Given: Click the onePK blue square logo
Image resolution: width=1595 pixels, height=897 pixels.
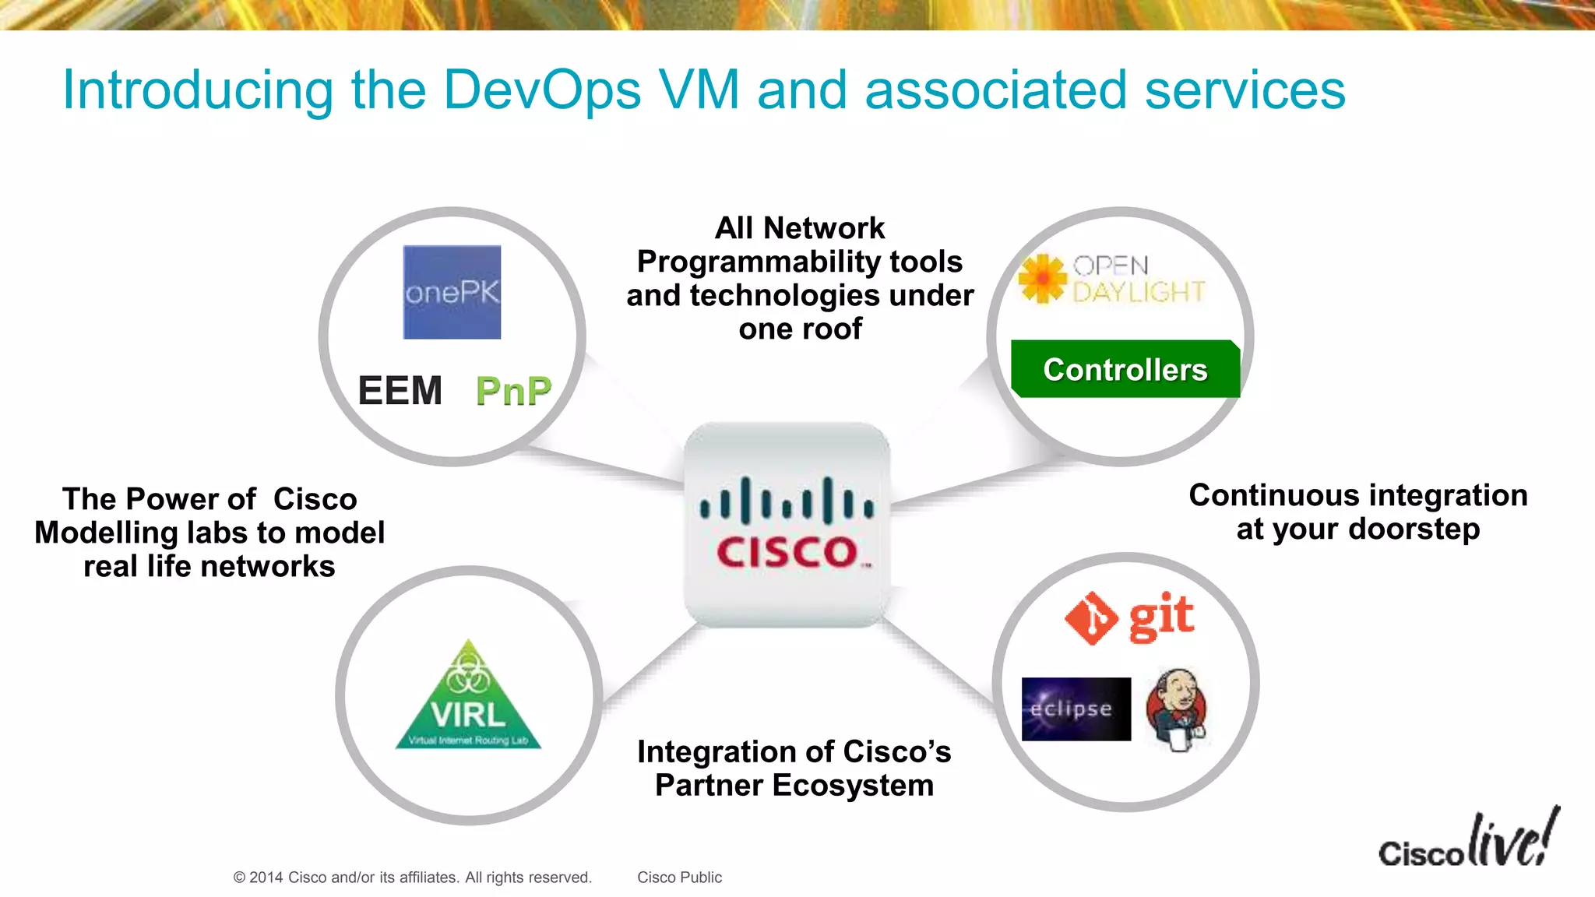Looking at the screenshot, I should (452, 292).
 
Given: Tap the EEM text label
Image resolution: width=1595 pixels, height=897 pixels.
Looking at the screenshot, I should (400, 391).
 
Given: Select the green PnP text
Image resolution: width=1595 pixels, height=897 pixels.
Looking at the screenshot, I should (513, 391).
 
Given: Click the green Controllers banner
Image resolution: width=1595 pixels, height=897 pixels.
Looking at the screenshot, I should (1125, 369).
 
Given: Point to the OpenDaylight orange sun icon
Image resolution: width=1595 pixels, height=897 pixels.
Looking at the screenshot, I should (1042, 278).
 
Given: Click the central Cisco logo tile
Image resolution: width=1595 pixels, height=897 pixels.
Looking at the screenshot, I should (787, 524).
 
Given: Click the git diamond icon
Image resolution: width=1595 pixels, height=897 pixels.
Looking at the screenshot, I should (1091, 618).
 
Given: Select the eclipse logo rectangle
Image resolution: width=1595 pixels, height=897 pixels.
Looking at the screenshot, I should (1076, 709).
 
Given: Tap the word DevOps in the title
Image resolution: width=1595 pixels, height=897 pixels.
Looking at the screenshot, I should (542, 90).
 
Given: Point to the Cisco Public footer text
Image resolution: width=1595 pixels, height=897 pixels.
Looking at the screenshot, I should (679, 878).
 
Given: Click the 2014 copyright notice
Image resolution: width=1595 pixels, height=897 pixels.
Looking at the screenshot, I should (412, 878).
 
